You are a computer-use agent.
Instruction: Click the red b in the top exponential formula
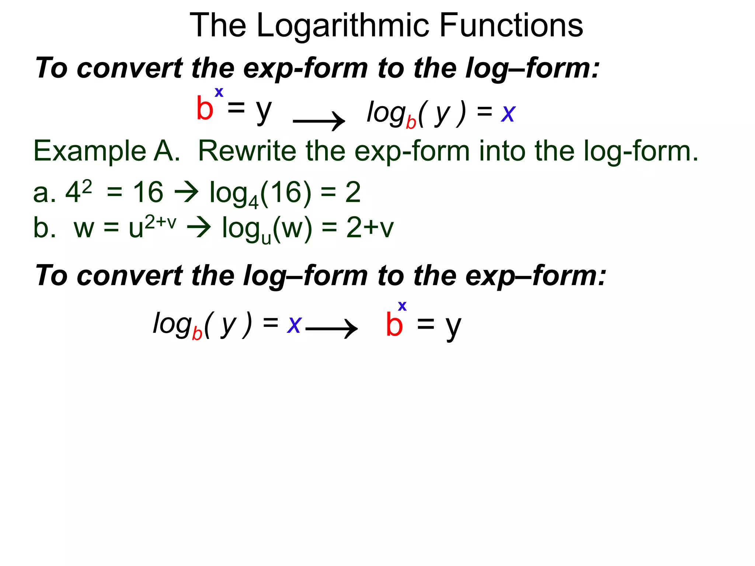click(x=205, y=108)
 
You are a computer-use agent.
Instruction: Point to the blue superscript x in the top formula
click(x=219, y=92)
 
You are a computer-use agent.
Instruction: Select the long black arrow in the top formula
click(x=319, y=120)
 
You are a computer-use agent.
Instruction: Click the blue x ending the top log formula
click(x=508, y=113)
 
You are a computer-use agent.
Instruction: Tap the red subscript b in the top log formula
click(x=411, y=122)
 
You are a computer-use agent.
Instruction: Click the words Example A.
click(x=107, y=151)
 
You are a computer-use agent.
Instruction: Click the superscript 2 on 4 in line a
click(x=87, y=187)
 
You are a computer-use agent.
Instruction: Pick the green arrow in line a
click(x=186, y=192)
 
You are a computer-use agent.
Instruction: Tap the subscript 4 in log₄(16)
click(x=253, y=202)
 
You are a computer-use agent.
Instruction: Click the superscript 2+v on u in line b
click(x=160, y=223)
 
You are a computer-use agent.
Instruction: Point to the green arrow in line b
click(x=199, y=227)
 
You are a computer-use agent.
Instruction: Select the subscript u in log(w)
click(x=266, y=238)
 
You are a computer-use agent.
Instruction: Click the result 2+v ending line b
click(x=370, y=227)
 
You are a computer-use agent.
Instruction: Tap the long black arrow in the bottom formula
click(x=331, y=328)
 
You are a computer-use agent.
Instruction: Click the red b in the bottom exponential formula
click(x=394, y=325)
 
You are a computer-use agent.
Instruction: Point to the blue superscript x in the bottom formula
click(x=402, y=306)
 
